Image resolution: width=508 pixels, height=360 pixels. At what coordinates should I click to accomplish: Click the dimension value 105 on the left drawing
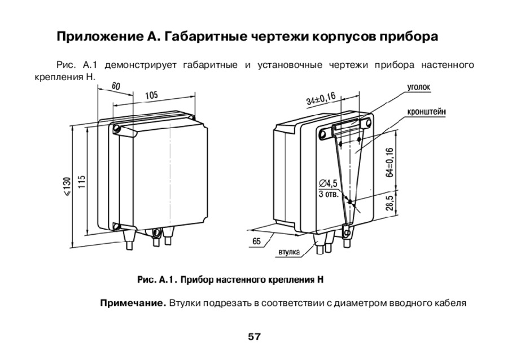tap(151, 95)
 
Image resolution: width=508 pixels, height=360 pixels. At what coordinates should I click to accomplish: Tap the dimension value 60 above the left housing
tap(116, 86)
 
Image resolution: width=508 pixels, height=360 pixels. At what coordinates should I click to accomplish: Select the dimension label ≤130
tap(67, 186)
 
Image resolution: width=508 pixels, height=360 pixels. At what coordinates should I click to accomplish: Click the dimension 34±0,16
tap(321, 99)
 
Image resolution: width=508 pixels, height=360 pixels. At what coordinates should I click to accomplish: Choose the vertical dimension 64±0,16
tap(389, 163)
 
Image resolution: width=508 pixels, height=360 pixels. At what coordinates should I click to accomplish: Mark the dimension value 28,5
tap(389, 201)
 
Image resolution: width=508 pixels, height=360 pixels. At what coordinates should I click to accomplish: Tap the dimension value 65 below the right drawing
tap(256, 241)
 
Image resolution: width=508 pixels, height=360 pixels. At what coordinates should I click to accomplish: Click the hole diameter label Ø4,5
tap(327, 183)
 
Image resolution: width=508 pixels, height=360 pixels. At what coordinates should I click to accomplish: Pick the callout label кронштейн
tap(426, 112)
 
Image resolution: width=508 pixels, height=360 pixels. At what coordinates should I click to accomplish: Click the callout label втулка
tap(288, 252)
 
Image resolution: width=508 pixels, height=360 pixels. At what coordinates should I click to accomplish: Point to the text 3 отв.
tap(327, 194)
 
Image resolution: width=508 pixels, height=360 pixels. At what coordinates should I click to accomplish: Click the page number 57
tap(254, 337)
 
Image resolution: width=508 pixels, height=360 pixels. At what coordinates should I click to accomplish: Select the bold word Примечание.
tap(133, 303)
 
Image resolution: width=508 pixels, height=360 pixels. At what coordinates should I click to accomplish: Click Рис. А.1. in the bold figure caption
tap(158, 279)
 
